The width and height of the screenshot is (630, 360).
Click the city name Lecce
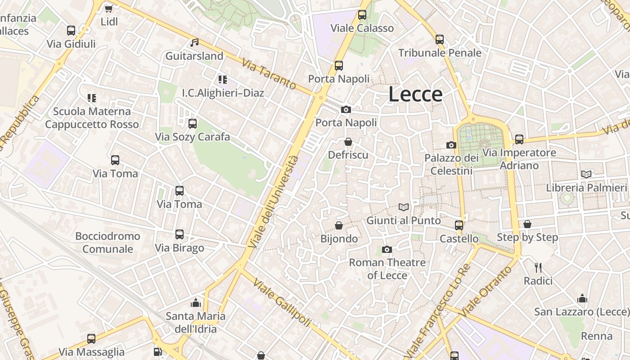pos(415,94)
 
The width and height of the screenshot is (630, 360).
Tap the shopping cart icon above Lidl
pos(108,8)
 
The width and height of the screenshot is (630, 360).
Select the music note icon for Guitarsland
pos(194,42)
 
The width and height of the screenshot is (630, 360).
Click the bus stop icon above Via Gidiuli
pos(71,31)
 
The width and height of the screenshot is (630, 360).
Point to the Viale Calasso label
pos(362,28)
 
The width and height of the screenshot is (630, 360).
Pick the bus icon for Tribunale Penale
pos(440,40)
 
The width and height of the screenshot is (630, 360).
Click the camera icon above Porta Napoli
pos(346,109)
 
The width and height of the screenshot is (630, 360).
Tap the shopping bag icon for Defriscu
pos(348,142)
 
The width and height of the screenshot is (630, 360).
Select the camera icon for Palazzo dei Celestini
pos(451,145)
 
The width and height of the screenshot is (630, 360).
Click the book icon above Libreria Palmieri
pos(586,174)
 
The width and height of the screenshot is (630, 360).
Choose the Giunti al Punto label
pos(404,220)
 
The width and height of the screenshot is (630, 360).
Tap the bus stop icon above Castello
pos(459,225)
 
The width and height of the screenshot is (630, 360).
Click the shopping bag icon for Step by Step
pos(527,224)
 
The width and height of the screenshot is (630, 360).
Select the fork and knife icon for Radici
pos(538,268)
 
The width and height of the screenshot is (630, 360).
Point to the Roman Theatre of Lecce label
pos(387,269)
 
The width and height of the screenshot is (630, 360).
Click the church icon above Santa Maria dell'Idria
pos(195,303)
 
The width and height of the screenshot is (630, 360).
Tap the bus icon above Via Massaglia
pos(91,339)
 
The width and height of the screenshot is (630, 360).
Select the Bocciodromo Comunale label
pos(108,243)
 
